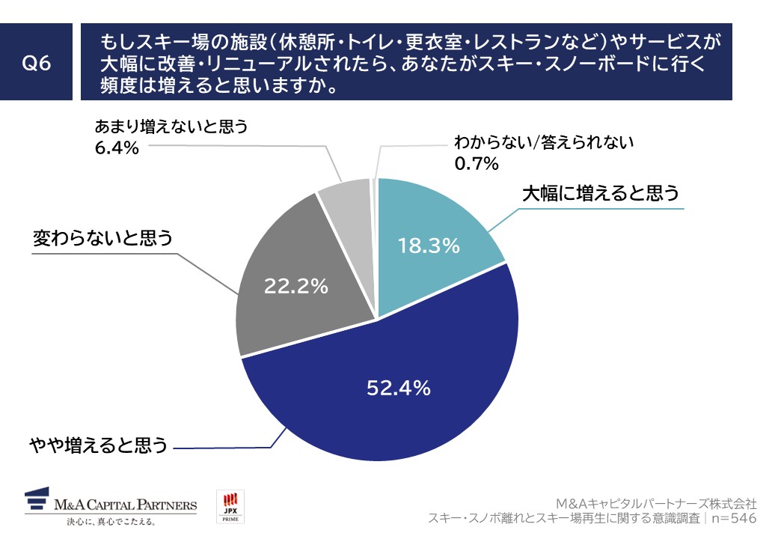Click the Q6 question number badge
(37, 64)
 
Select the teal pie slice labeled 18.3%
(434, 225)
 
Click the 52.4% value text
(398, 388)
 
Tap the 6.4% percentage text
(117, 147)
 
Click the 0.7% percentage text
(477, 163)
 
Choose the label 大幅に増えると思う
(600, 194)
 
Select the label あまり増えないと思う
(171, 127)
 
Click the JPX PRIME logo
(230, 507)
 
